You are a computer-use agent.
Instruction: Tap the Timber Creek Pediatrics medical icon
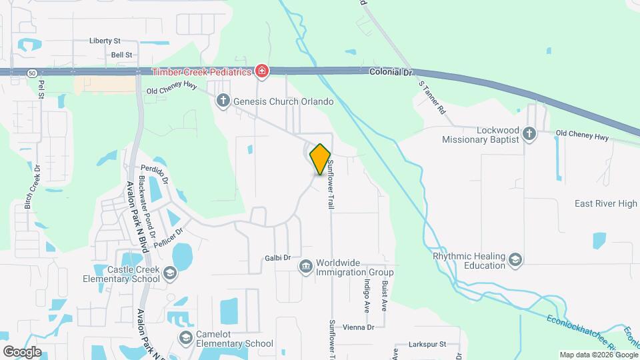262,71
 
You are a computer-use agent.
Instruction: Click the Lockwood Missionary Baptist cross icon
529,135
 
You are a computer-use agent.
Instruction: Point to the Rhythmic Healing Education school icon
515,259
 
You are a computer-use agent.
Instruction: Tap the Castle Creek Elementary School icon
170,273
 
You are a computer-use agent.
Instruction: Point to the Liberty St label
105,41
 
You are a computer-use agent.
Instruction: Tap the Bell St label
122,55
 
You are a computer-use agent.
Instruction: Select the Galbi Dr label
278,257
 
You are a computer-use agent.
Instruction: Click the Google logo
22,351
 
